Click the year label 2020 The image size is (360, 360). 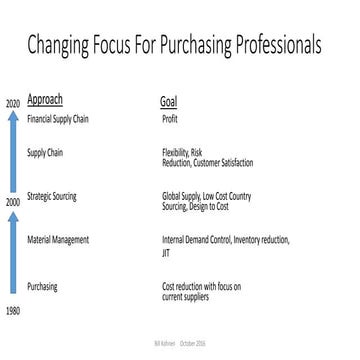click(13, 104)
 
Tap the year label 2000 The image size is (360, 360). click(13, 202)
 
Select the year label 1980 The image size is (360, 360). click(13, 312)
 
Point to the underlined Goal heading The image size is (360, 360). click(169, 102)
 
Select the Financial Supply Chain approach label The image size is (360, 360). click(55, 118)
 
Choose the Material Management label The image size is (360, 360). click(57, 240)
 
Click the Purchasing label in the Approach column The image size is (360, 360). click(42, 286)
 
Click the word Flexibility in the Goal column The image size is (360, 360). click(176, 152)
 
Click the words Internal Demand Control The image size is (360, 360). click(196, 240)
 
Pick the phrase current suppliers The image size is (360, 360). click(187, 296)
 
